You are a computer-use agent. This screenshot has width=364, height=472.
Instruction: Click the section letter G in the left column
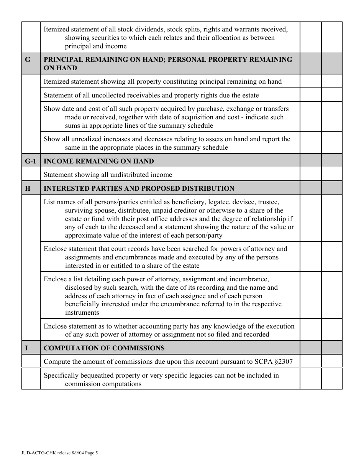28,59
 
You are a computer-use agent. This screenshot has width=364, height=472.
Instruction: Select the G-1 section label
31,161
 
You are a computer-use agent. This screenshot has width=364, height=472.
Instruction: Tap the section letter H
28,188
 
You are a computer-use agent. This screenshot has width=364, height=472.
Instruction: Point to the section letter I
26,348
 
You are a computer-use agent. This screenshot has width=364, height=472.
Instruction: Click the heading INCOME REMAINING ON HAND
99,161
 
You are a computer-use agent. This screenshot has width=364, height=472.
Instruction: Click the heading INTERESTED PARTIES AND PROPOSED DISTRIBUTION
139,188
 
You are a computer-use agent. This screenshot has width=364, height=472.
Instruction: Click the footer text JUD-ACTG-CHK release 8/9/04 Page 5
60,453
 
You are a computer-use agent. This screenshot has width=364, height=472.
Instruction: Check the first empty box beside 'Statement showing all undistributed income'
310,175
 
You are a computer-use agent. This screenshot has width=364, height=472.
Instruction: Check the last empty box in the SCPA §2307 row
331,361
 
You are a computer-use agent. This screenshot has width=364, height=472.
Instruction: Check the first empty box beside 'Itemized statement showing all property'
310,81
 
